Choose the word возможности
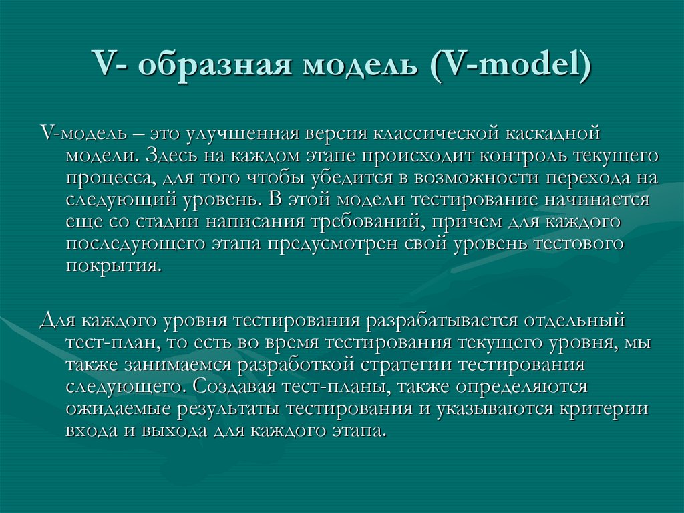[x=474, y=178]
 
